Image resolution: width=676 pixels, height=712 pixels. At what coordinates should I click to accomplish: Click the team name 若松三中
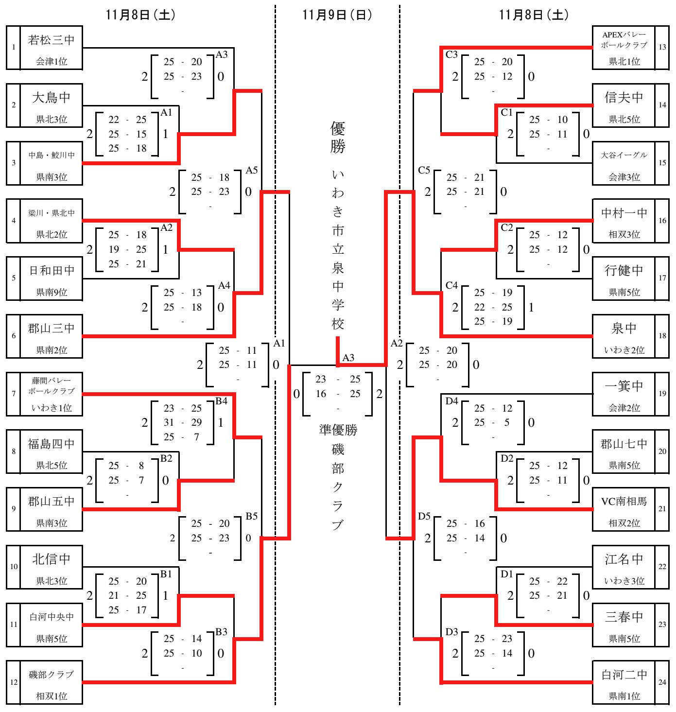point(51,40)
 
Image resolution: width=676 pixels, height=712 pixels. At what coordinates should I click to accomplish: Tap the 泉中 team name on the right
point(624,329)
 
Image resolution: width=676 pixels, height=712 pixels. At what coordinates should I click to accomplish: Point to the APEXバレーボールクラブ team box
point(624,47)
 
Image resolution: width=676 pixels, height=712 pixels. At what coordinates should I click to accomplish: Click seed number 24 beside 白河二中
point(662,682)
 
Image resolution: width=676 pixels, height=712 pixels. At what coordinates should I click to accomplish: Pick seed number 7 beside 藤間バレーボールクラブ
point(14,394)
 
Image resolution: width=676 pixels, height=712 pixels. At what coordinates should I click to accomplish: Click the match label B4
point(221,401)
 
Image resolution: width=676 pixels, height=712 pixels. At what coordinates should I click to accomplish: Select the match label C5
point(424,170)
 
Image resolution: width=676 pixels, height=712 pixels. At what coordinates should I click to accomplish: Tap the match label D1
point(506,574)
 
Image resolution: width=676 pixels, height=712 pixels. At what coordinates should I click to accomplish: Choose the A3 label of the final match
point(348,358)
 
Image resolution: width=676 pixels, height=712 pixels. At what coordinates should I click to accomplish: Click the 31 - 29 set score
point(182,422)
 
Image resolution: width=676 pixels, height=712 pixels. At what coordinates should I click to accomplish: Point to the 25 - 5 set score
point(493,422)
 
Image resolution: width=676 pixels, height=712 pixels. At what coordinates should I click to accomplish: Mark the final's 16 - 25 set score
point(338,394)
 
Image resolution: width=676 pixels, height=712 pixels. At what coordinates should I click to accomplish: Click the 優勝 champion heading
point(338,138)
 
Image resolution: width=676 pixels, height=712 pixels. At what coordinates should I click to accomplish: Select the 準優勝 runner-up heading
point(338,430)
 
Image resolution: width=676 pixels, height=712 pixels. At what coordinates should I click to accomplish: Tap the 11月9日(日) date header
point(337,15)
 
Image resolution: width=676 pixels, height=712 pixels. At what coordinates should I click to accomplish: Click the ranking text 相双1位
point(51,696)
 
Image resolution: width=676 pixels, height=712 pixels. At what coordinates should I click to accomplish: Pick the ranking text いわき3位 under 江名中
point(624,581)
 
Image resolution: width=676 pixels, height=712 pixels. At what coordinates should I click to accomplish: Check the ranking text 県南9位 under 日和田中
point(51,292)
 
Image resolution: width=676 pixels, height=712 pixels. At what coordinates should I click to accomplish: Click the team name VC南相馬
point(624,502)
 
